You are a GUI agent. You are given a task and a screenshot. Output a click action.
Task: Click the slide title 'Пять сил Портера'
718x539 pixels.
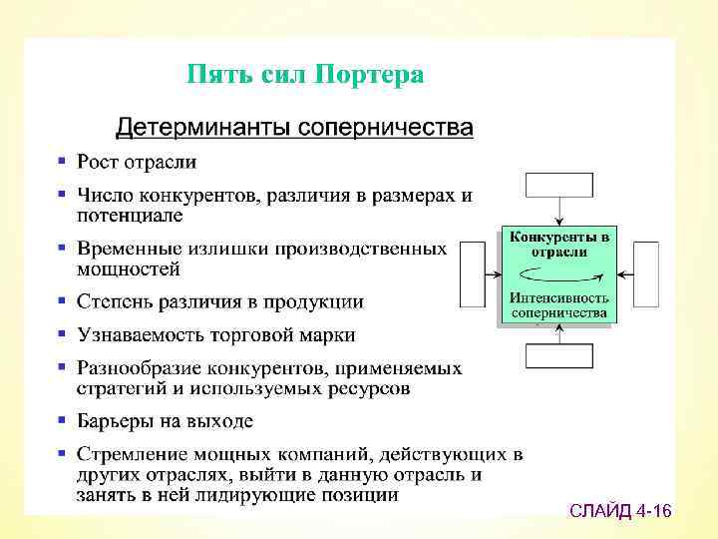coord(306,75)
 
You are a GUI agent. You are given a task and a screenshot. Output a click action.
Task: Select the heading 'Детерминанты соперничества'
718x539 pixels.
coord(294,128)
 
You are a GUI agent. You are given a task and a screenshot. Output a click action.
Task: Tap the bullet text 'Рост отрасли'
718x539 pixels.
coord(137,162)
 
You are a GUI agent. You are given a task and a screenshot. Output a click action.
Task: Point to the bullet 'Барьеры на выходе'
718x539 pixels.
coord(165,421)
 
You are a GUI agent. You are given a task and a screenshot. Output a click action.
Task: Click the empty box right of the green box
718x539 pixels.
coord(646,274)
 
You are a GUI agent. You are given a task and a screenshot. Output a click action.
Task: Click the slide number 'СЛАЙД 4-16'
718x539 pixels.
coord(620,512)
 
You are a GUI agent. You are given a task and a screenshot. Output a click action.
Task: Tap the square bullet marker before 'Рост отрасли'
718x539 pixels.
coord(62,161)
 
